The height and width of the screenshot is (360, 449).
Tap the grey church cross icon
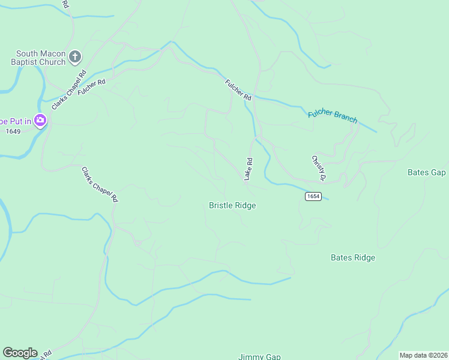point(75,57)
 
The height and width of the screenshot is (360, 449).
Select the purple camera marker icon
point(41,121)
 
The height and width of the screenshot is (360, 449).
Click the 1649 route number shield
point(13,131)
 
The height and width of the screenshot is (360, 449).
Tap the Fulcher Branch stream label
point(333,116)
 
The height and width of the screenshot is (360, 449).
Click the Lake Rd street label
point(248,169)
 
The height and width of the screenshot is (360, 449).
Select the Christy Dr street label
point(318,169)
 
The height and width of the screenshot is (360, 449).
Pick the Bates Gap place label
point(426,172)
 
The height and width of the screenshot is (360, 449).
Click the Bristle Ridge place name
point(232,205)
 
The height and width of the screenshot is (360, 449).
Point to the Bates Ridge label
point(353,257)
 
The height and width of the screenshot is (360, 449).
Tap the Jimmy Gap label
point(259,356)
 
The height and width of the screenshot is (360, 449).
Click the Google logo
point(20,353)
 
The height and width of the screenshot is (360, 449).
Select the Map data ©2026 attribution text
point(423,355)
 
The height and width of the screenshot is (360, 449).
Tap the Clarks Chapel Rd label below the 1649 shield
point(100,184)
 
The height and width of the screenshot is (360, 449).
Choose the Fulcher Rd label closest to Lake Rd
point(238,90)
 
